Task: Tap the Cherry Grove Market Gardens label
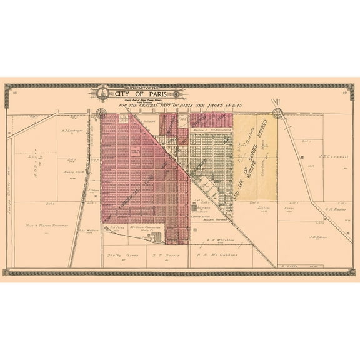click(211, 218)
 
